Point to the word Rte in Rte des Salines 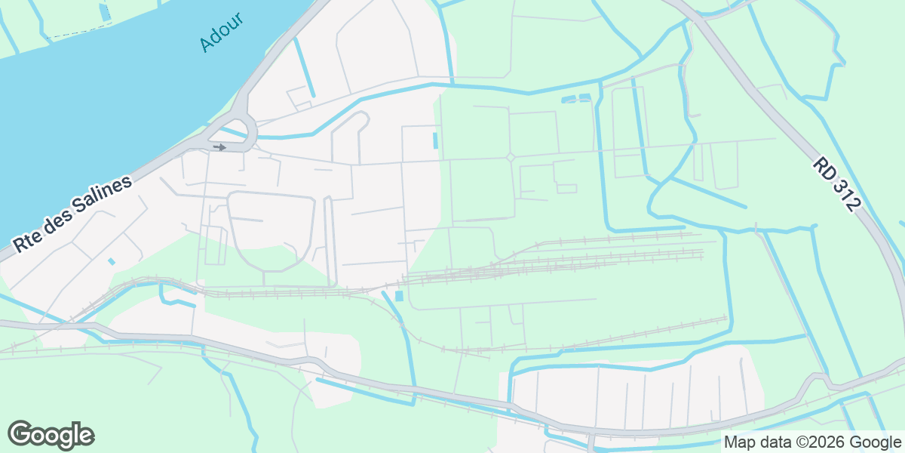29,241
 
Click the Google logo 51,435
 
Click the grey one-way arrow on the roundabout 219,146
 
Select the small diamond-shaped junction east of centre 510,157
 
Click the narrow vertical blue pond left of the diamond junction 435,140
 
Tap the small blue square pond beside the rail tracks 399,296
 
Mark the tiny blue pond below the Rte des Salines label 112,261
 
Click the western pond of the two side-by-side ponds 568,99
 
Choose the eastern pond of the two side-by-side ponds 584,97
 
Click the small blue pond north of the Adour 104,12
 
